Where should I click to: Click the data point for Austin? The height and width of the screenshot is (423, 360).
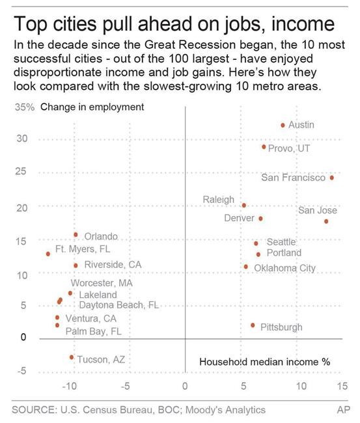283,125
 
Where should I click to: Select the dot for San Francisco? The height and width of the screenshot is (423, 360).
332,178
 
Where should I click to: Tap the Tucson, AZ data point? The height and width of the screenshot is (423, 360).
72,357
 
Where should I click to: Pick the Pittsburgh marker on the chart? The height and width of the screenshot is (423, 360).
253,325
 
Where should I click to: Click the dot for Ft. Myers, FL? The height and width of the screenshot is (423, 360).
48,254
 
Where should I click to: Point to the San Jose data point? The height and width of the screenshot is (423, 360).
326,221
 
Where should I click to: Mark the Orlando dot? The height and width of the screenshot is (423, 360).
76,235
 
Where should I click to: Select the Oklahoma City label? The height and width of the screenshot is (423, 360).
284,268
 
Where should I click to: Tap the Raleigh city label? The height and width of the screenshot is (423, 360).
218,200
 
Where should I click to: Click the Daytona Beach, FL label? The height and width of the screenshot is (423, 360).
119,305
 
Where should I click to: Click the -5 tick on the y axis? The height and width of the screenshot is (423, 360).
22,371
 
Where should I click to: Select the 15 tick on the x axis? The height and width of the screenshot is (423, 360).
341,386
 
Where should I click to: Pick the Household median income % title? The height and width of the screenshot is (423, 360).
265,362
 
